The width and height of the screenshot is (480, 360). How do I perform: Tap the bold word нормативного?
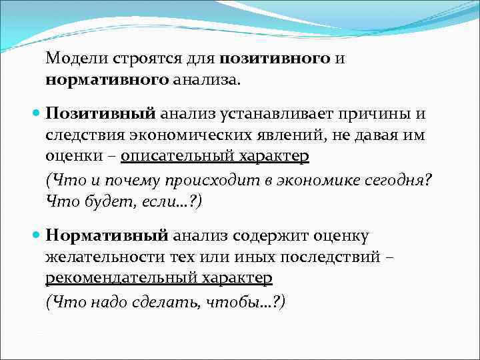[x=107, y=80]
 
